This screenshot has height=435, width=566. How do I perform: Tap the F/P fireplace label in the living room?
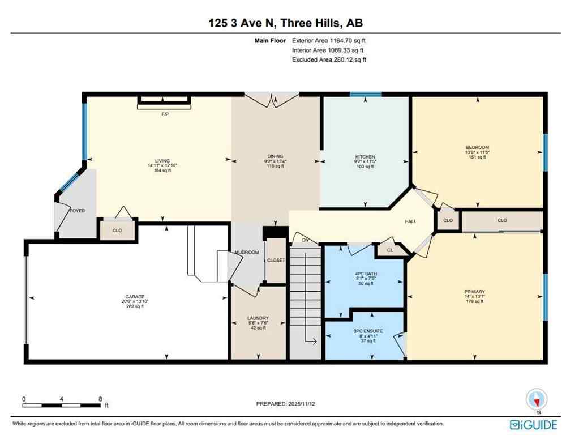(x=165, y=114)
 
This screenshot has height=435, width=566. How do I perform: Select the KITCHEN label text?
(x=365, y=157)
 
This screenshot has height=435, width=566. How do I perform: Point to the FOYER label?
(x=77, y=211)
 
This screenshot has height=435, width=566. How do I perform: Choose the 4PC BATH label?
(x=366, y=274)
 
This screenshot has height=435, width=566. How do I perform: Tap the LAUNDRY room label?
(x=258, y=318)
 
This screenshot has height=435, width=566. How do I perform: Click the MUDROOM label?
(x=247, y=253)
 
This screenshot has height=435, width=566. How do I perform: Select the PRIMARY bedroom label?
(x=474, y=292)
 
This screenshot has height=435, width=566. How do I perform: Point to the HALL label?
(x=411, y=221)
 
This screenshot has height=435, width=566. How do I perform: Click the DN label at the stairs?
(x=306, y=241)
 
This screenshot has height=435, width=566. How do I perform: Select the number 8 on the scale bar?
(x=100, y=399)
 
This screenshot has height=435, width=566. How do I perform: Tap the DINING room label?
(x=275, y=157)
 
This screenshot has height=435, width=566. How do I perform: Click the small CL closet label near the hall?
(x=391, y=250)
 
